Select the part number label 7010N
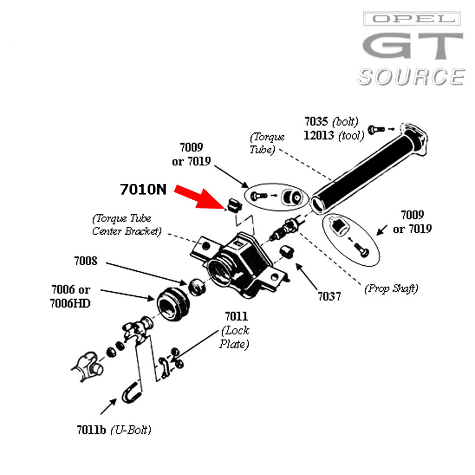click(143, 189)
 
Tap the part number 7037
click(329, 296)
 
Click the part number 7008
click(85, 261)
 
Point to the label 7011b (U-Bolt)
click(114, 430)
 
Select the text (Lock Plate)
click(235, 337)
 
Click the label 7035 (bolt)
click(331, 122)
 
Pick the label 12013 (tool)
click(330, 136)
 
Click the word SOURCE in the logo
click(411, 76)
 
